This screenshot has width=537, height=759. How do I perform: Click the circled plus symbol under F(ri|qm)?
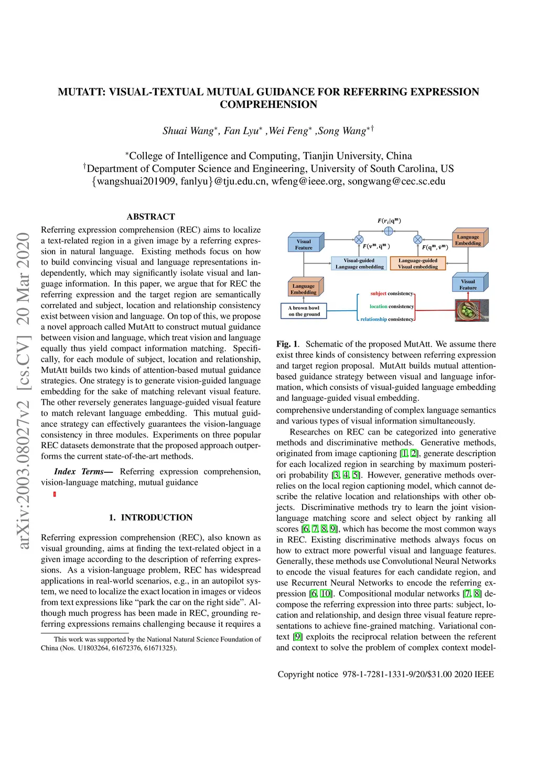[x=389, y=231]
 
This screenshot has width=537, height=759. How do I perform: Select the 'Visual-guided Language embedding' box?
[x=359, y=264]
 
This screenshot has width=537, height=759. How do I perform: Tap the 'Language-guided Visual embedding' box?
[x=418, y=264]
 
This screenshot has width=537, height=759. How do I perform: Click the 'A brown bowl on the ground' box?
[x=304, y=311]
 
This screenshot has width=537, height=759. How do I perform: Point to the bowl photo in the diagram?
[x=471, y=310]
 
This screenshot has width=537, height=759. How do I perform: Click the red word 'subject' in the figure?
[x=378, y=294]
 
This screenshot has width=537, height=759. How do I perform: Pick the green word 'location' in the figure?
[x=378, y=307]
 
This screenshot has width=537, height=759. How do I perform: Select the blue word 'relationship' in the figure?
[x=373, y=319]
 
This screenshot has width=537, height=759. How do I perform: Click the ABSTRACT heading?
[x=151, y=216]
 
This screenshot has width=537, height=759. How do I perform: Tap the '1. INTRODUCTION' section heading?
[x=151, y=517]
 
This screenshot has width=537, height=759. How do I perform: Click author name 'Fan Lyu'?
[x=241, y=131]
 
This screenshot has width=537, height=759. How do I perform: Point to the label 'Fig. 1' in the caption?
[x=287, y=344]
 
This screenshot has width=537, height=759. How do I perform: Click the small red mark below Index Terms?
[x=55, y=494]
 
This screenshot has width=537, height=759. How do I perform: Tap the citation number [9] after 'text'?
[x=298, y=637]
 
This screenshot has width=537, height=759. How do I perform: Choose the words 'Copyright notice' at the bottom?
[x=308, y=674]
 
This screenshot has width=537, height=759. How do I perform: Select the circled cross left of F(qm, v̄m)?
[x=418, y=240]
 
